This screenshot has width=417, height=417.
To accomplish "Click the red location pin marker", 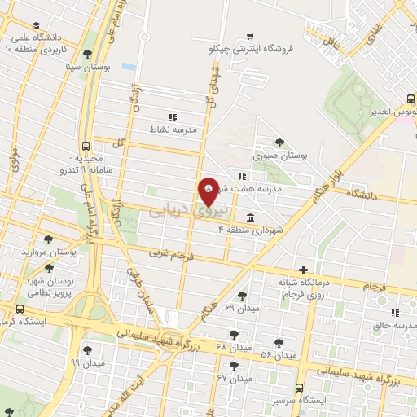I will [x=208, y=191].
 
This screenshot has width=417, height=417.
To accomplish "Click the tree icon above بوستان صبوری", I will [x=281, y=142].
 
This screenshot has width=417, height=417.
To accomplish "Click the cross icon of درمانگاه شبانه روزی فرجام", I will [x=304, y=270].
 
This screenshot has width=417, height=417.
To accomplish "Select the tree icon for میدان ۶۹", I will [x=241, y=296].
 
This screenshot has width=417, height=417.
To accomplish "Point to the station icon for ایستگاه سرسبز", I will [x=299, y=388].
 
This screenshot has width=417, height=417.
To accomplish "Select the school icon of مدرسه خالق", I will [x=395, y=313].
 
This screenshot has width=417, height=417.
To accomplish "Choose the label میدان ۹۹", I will [x=88, y=361].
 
